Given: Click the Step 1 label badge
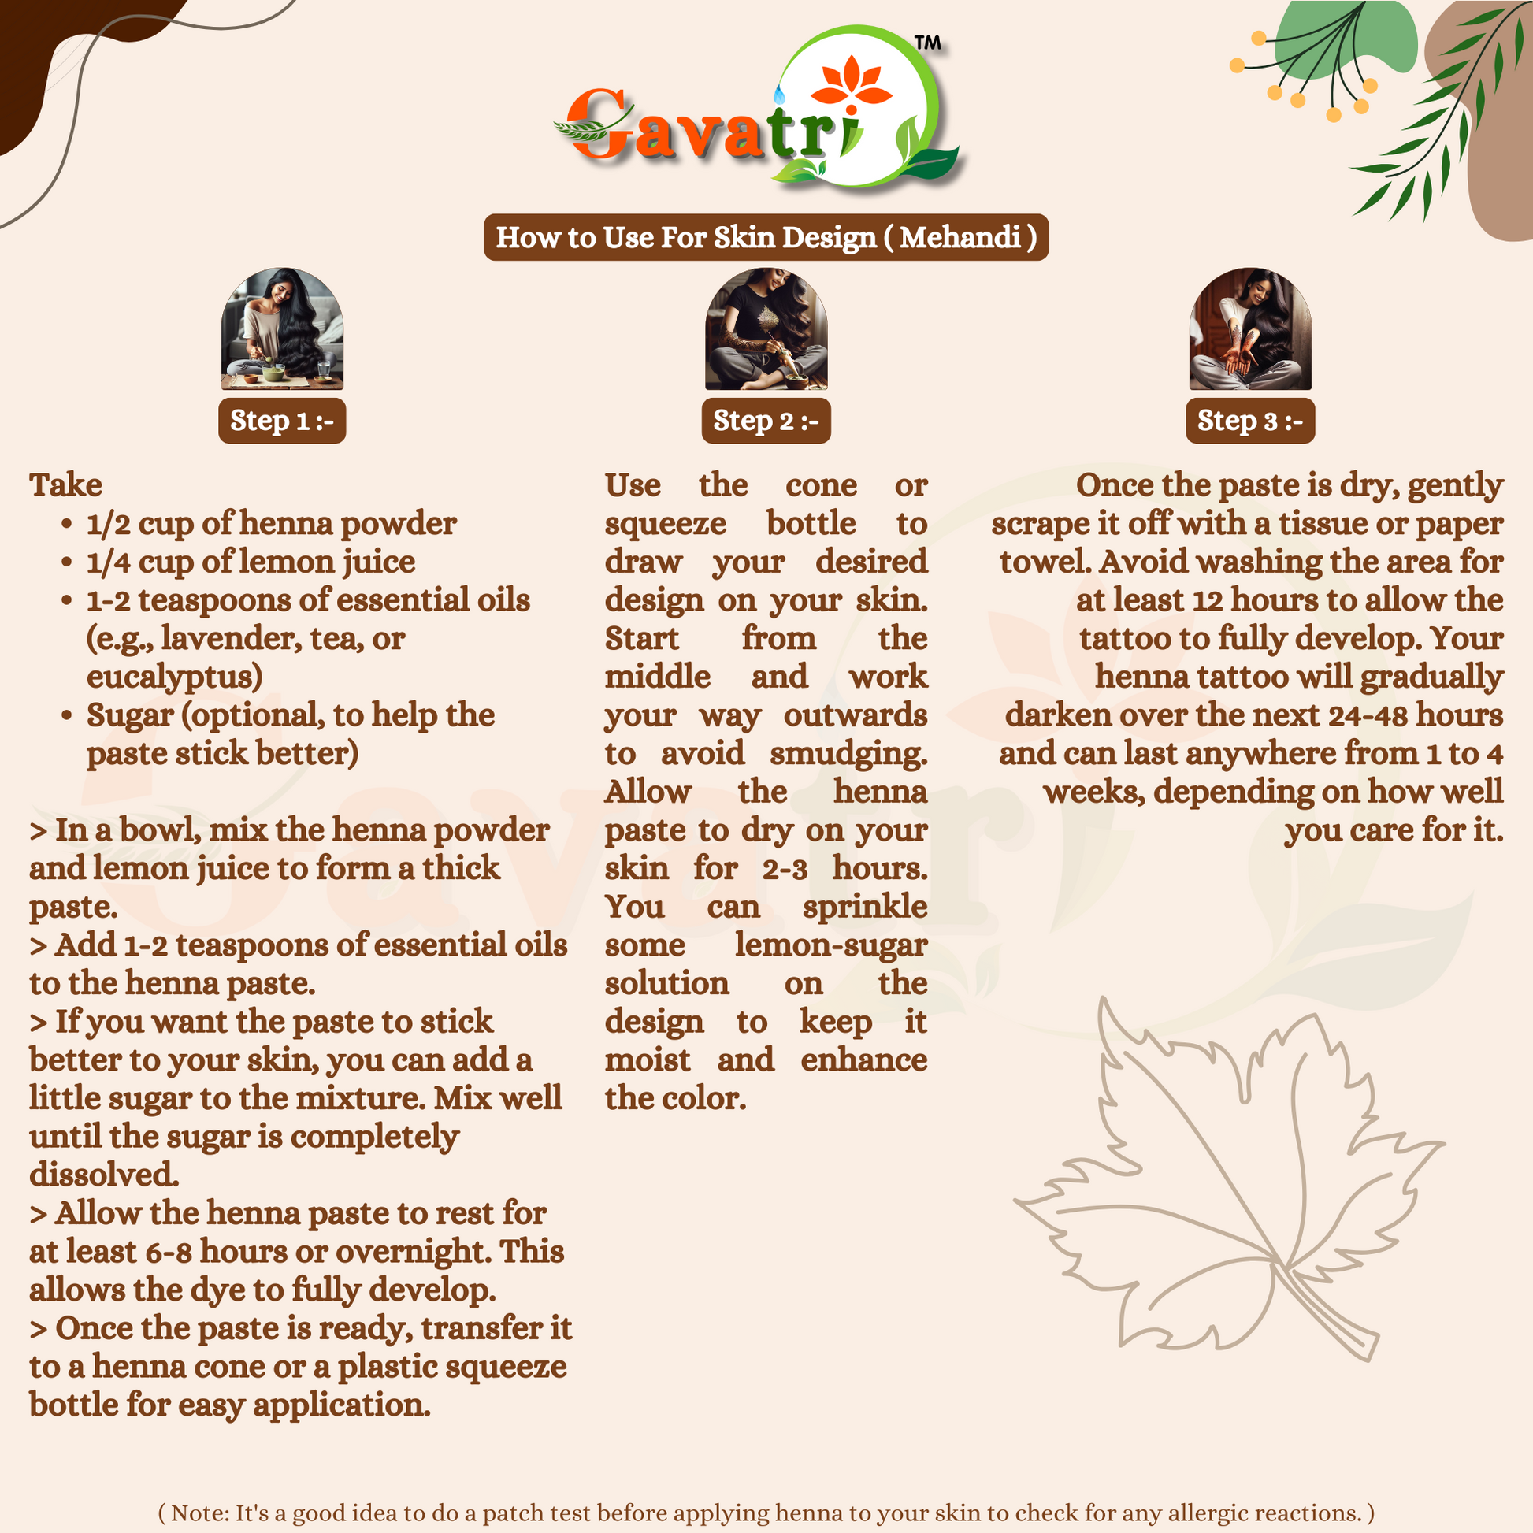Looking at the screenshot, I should coord(282,421).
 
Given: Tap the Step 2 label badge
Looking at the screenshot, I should coord(766,421).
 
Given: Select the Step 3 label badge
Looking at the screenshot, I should coord(1249,421).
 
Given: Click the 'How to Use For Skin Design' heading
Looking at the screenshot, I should coord(766,237).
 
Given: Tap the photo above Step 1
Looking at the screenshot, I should coord(282,328).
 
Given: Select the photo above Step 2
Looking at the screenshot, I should coord(766,328).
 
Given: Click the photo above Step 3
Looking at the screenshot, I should coord(1249,328).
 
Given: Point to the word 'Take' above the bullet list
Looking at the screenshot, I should coord(66,484).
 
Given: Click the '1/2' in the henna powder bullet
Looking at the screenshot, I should coord(108,524).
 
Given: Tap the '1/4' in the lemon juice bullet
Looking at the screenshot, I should coord(108,562).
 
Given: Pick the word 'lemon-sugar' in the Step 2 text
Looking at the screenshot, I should coord(830,945).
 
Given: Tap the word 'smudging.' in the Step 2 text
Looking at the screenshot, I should coord(848,754).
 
